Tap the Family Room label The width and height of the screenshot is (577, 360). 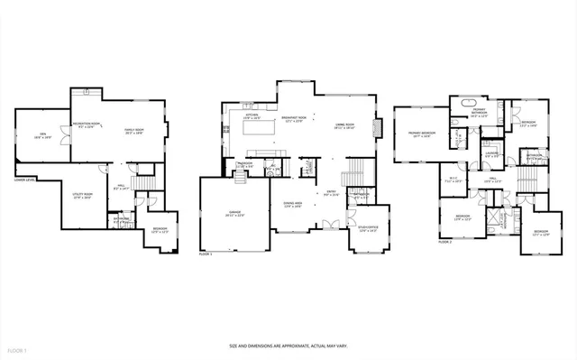pos(135,131)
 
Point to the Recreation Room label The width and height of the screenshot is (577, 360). pos(86,126)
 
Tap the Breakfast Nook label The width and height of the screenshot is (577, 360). pos(289,120)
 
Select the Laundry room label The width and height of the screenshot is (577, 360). pos(491,154)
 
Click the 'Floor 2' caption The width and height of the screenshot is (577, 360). pos(444,242)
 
